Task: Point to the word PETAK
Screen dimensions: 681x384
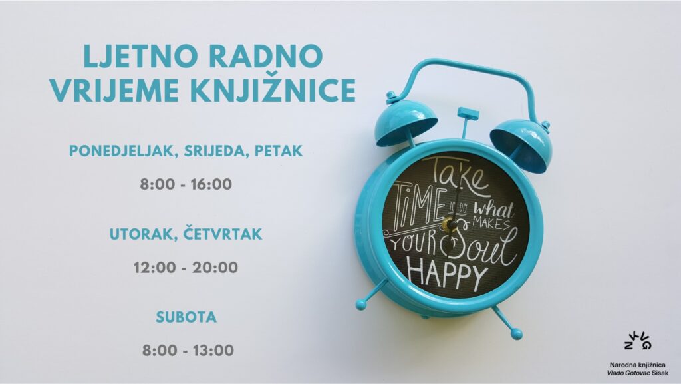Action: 279,150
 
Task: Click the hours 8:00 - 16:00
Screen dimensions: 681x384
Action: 186,184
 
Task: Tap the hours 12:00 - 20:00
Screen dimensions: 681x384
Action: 186,267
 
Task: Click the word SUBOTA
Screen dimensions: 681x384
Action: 186,317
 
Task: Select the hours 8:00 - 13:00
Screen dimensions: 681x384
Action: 188,350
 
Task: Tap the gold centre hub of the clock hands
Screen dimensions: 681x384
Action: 448,225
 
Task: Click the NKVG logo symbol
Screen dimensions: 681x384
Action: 638,339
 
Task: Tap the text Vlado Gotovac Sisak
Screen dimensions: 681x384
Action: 637,373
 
